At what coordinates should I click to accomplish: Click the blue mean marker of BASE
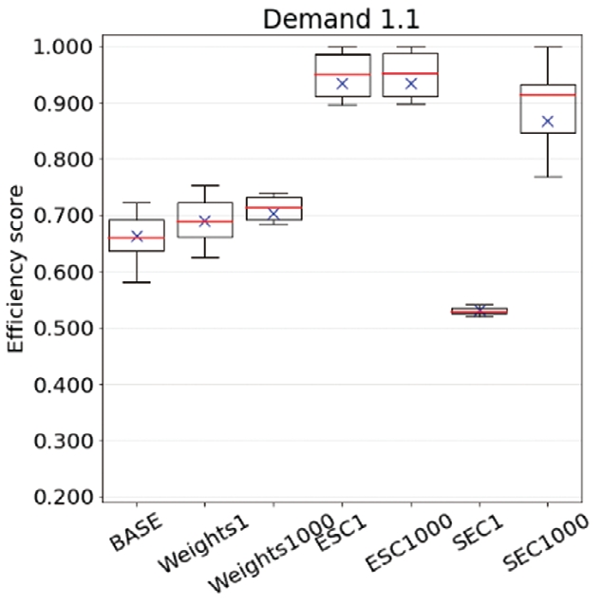137,236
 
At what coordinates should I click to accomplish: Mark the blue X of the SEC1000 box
548,122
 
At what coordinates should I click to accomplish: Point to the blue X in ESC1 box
343,84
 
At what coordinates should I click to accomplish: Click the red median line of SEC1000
548,95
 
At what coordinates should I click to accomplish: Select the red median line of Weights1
205,221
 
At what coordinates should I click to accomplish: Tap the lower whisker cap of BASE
137,282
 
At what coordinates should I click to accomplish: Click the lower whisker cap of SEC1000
548,177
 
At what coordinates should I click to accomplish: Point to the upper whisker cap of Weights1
205,186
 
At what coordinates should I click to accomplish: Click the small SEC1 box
480,311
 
